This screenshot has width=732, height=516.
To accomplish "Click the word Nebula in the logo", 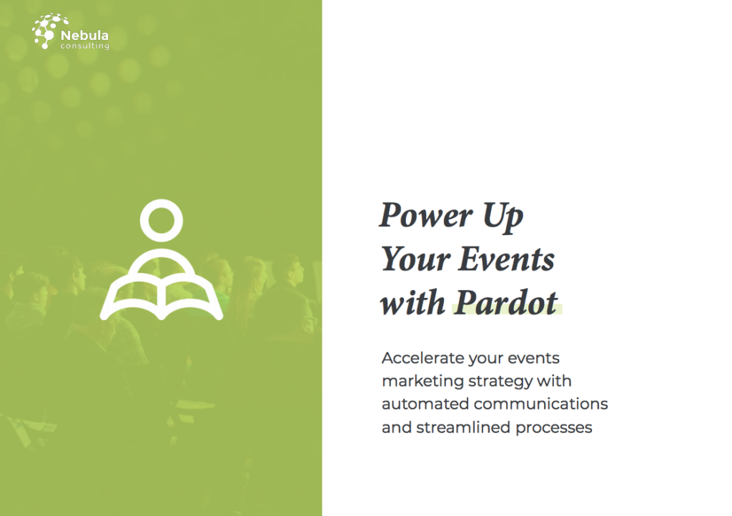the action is click(x=84, y=36).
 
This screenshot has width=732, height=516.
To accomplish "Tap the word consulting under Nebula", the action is click(x=85, y=46).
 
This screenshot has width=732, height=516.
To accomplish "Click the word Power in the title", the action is click(x=426, y=216).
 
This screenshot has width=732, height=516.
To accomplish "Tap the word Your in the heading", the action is click(x=415, y=259).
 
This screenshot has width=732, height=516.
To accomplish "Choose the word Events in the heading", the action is click(x=506, y=259).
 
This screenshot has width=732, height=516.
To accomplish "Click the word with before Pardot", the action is click(x=412, y=303).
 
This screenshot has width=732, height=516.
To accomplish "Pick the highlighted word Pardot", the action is click(x=506, y=303).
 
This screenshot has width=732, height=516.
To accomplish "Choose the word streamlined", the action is click(x=463, y=427).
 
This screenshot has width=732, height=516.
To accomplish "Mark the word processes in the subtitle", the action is click(x=554, y=428).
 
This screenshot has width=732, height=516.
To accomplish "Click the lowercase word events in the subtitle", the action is click(x=533, y=358).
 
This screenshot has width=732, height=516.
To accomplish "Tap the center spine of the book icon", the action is click(x=162, y=299).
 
